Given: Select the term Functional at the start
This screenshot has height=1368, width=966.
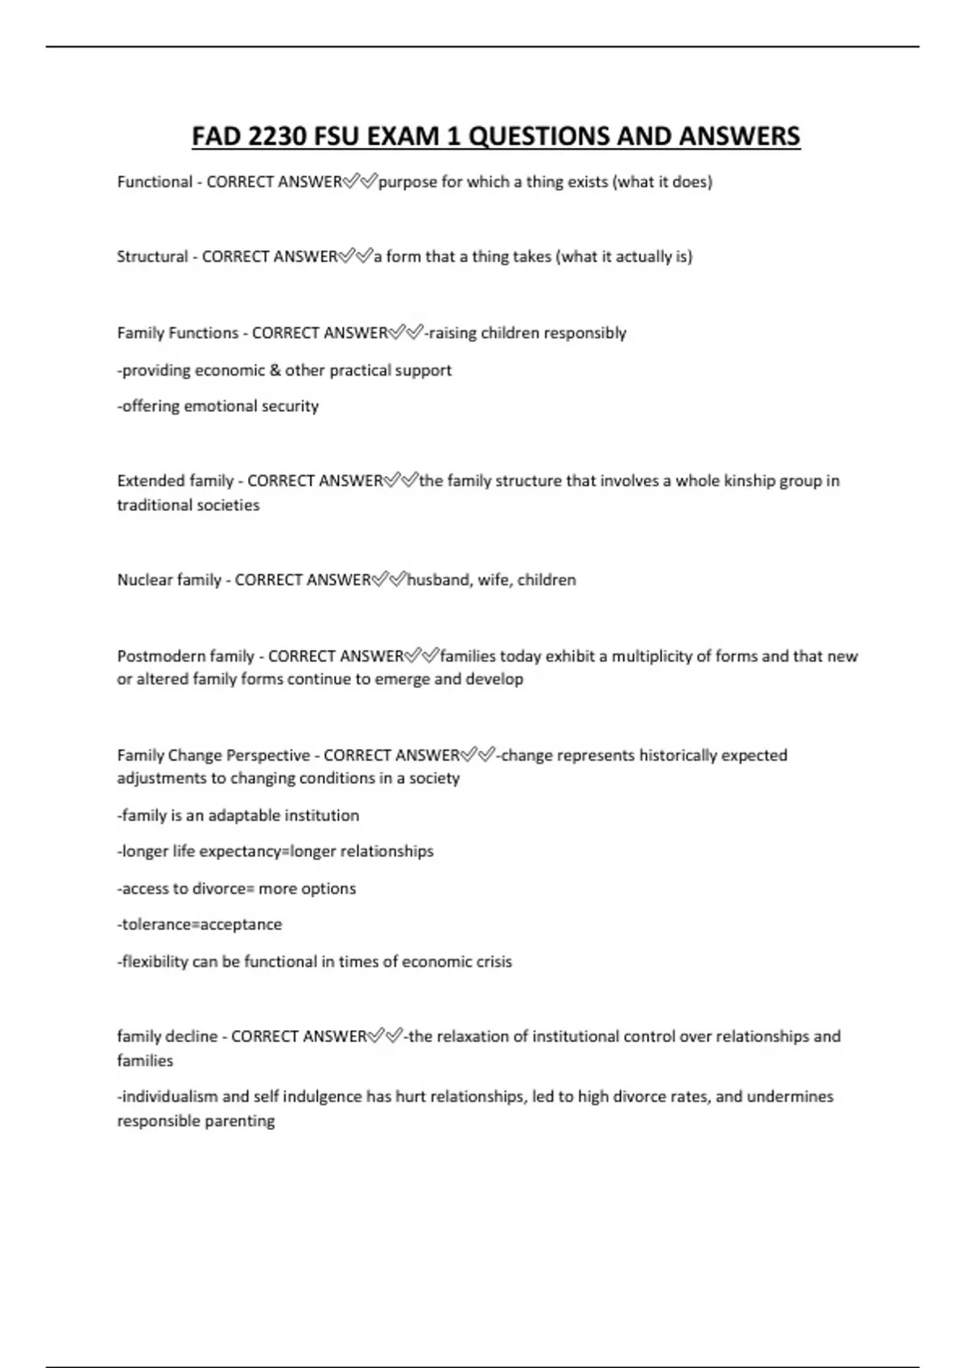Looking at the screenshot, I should click(155, 182).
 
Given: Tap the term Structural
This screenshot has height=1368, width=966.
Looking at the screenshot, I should click(152, 257).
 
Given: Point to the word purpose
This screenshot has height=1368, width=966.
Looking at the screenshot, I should click(407, 182).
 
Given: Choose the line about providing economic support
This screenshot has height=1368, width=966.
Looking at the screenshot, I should click(284, 370).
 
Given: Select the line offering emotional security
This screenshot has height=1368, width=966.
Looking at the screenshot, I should click(218, 406).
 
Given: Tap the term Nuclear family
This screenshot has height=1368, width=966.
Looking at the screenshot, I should click(169, 580).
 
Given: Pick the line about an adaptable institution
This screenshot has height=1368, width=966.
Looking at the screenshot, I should click(238, 816).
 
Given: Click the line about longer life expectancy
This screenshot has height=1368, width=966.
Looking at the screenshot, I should click(275, 851).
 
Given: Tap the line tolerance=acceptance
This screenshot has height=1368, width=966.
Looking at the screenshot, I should click(200, 925).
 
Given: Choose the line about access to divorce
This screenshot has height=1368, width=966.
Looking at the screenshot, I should click(237, 889).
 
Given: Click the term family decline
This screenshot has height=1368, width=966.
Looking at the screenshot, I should click(167, 1036).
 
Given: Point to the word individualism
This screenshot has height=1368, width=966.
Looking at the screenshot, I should click(167, 1097).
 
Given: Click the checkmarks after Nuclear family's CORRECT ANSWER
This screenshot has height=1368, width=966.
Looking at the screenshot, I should click(389, 580).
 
